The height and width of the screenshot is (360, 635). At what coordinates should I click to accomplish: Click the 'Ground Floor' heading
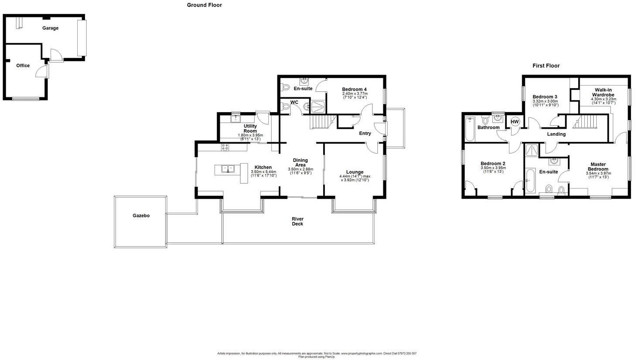(x=204, y=5)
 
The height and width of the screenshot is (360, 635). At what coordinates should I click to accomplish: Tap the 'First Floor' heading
(x=546, y=66)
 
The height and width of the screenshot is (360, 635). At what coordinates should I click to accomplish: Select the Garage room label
(x=50, y=28)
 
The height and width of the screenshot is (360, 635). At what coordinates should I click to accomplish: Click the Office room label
(x=23, y=66)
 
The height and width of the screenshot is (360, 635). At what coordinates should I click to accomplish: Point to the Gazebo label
(x=141, y=216)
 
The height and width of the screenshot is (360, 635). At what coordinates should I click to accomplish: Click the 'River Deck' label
(x=297, y=221)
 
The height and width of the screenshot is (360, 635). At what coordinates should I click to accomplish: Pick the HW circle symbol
(x=515, y=122)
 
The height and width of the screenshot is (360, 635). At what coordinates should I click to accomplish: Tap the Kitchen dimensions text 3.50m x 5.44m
(x=263, y=172)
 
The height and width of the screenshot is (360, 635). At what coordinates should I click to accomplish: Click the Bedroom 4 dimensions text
(x=354, y=94)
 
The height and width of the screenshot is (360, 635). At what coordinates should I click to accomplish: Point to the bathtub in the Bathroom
(x=469, y=129)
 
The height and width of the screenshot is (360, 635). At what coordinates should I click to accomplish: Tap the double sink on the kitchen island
(x=227, y=169)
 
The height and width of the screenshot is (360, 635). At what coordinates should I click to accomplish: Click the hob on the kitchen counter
(x=225, y=147)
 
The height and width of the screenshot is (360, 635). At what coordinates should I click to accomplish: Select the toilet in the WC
(x=286, y=106)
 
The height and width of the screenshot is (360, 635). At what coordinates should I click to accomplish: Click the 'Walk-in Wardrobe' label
(x=603, y=93)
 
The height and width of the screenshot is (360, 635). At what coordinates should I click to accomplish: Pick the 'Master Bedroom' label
(x=598, y=167)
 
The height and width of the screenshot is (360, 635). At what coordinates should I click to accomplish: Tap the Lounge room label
(x=355, y=172)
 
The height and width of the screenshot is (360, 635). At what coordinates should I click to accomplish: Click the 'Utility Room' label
(x=250, y=129)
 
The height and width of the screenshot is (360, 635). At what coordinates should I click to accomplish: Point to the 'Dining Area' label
(x=300, y=163)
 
